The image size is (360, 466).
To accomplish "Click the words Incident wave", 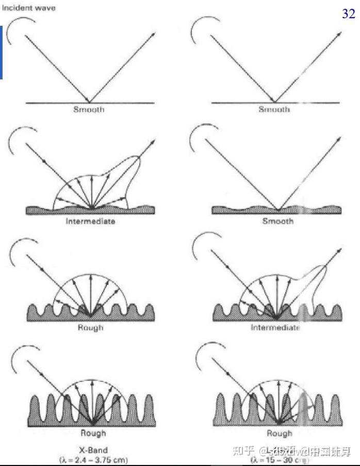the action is click(28, 8).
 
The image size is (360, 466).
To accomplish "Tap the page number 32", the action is click(349, 14).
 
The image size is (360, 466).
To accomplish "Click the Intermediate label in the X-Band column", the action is click(90, 221).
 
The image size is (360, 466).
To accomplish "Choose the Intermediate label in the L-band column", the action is click(275, 327).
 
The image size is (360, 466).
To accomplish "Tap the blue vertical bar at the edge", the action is click(2, 52).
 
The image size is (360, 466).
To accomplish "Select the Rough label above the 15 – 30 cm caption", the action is click(279, 433).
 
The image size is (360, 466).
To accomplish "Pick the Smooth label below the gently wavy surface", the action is click(277, 221).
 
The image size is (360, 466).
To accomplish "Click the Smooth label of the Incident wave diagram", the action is click(89, 110).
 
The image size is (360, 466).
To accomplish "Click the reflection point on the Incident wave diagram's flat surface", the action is click(90, 102).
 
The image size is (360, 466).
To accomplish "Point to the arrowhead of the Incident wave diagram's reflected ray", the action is click(154, 34).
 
